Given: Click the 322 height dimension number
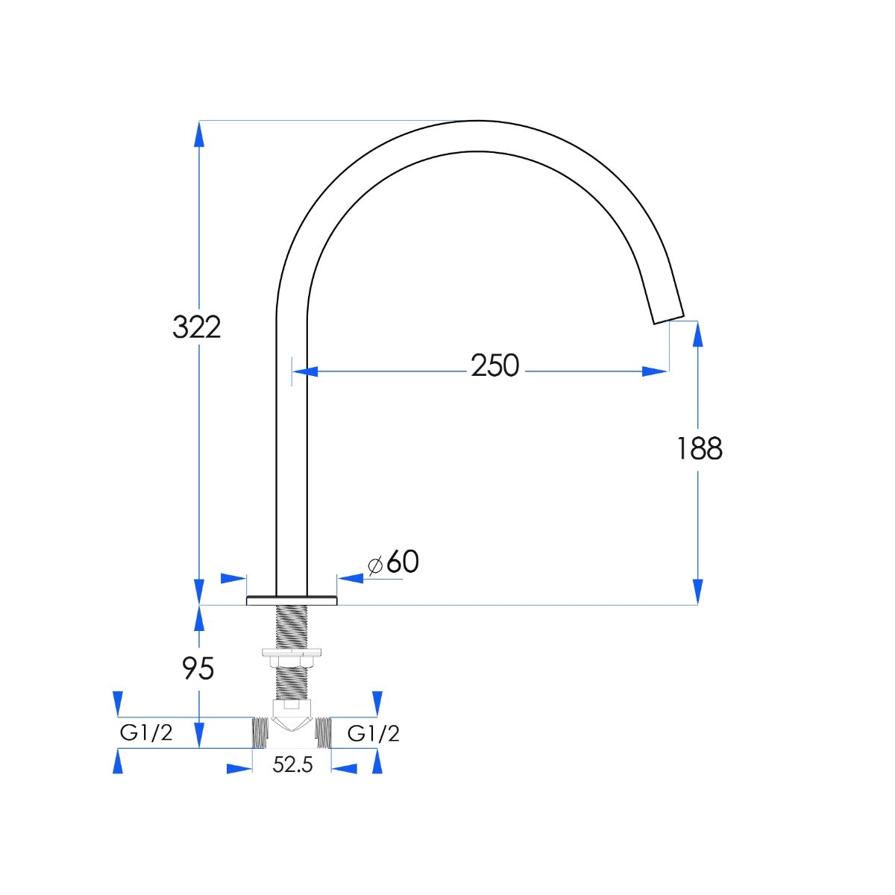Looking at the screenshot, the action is pyautogui.click(x=196, y=327).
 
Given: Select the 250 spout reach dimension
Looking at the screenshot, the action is pyautogui.click(x=494, y=365).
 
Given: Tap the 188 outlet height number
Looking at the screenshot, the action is pyautogui.click(x=700, y=448).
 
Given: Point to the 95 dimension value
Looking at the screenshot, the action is pyautogui.click(x=198, y=668).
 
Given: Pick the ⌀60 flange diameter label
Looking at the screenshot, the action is pyautogui.click(x=393, y=562).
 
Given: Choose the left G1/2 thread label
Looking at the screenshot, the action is pyautogui.click(x=146, y=733).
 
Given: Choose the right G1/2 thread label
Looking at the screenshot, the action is pyautogui.click(x=374, y=734).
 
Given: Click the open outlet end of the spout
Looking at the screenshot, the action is pyautogui.click(x=669, y=319).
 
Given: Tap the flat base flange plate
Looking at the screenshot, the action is pyautogui.click(x=292, y=600).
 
